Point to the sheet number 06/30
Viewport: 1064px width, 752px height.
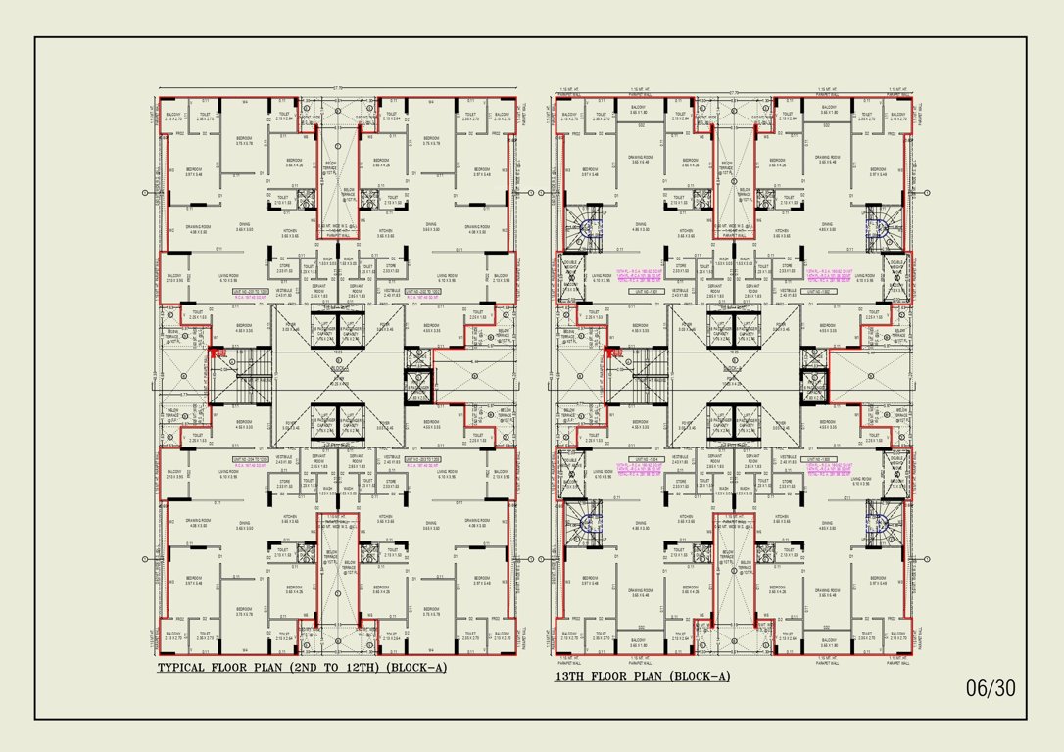991,688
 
